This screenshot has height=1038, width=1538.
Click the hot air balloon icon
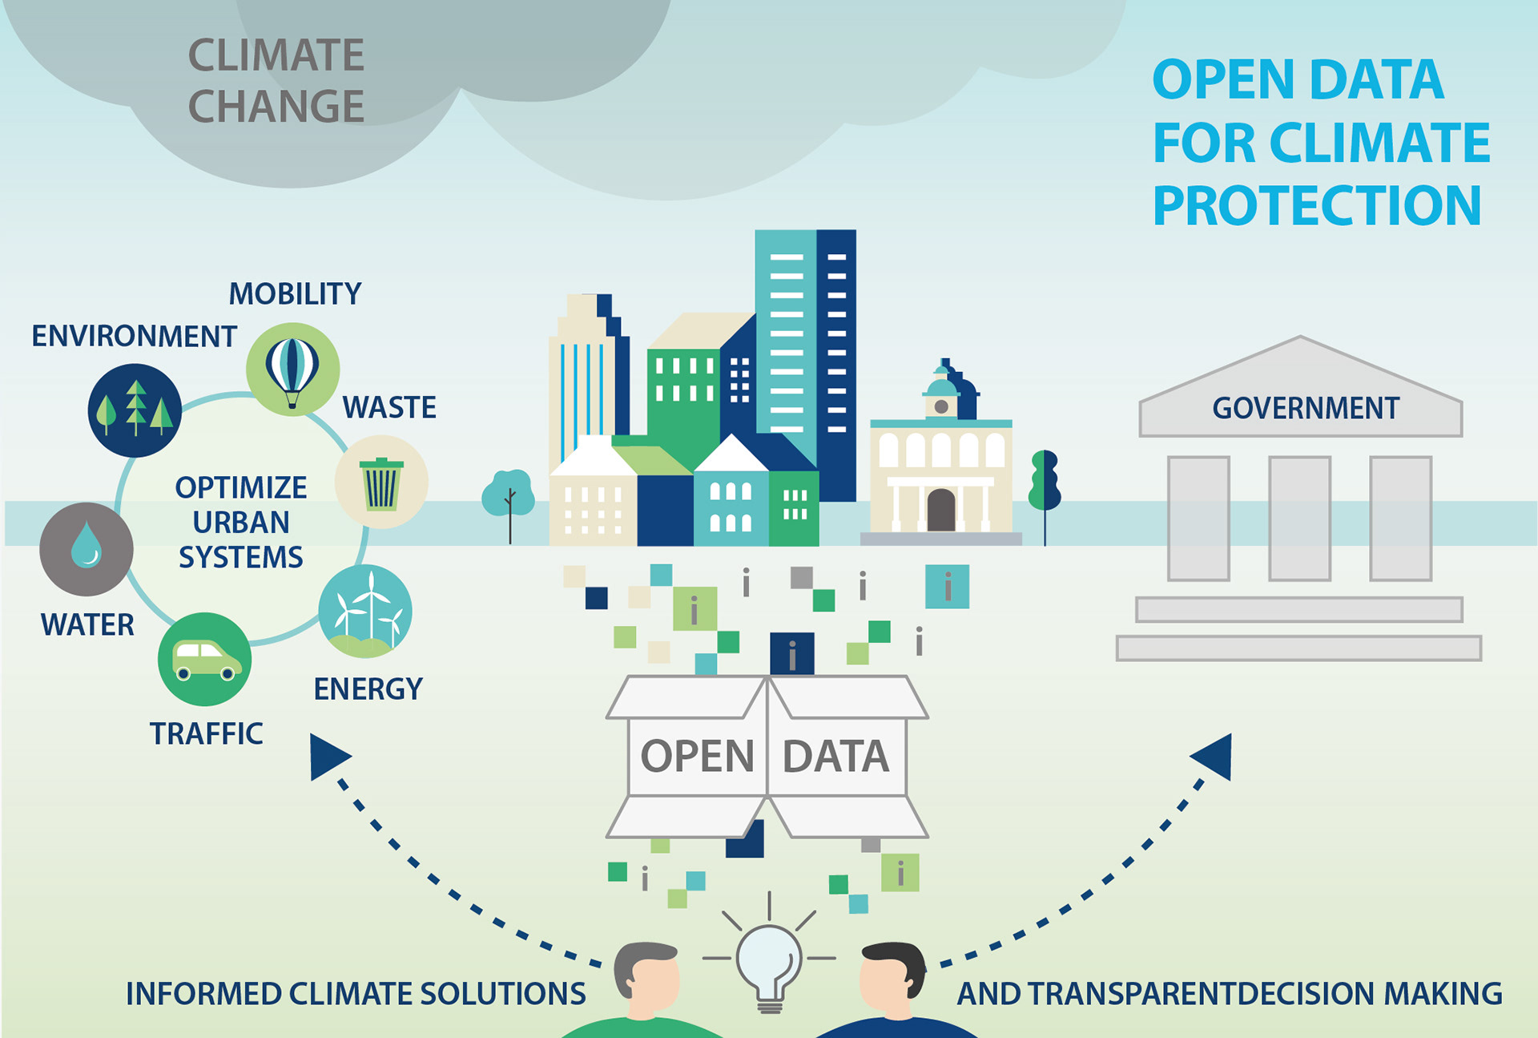pos(292,370)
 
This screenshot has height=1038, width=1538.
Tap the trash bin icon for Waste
pos(381,483)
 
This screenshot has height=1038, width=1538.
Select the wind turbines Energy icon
pos(365,612)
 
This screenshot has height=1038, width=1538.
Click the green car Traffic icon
pos(205,659)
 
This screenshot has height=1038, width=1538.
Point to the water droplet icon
pos(87,549)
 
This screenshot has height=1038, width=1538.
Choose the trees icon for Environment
pos(135,410)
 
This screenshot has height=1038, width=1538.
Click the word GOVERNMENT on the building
pos(1305,408)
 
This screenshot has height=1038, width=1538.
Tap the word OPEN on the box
pos(697,756)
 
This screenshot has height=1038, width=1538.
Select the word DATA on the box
pos(835,756)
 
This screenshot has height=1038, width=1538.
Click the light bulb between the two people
pos(769,962)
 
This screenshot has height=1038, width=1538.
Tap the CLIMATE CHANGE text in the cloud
pos(276,80)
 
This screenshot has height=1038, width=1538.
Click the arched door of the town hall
pos(940,510)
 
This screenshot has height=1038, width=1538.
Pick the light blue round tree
pos(509,493)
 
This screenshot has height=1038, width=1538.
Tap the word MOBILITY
pos(295,294)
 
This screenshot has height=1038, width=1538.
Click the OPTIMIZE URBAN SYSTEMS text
pos(240,522)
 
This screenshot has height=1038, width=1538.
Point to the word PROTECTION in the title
pos(1317,206)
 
